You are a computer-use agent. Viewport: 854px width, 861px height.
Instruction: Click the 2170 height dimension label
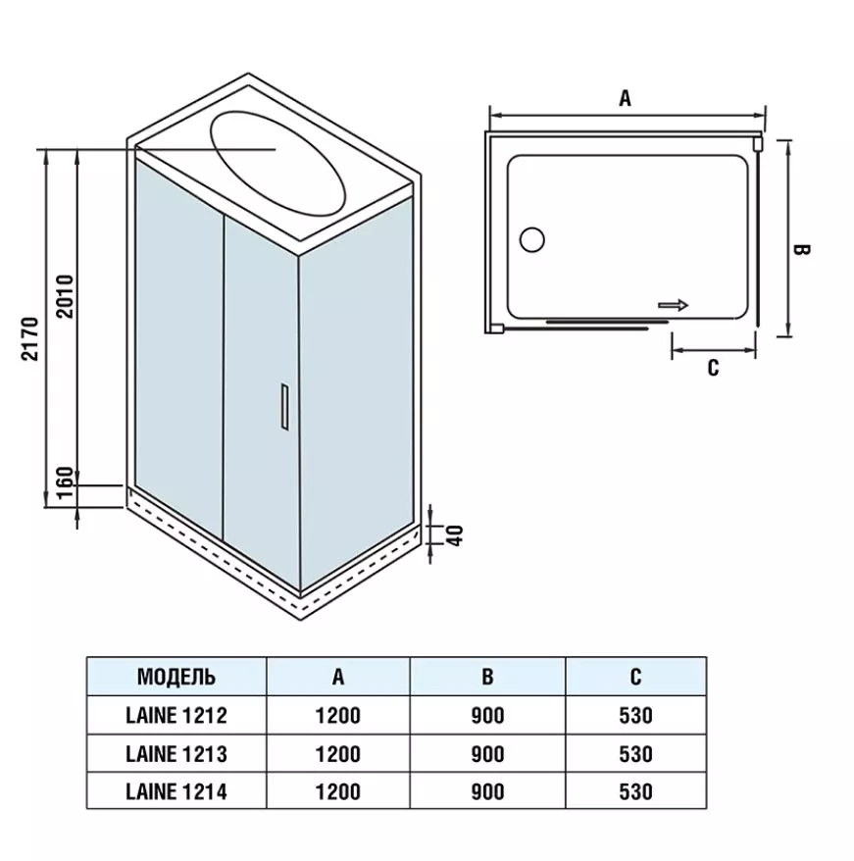[29, 337]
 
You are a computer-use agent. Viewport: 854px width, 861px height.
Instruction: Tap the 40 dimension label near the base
[454, 534]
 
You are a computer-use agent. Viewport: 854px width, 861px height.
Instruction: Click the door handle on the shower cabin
[282, 406]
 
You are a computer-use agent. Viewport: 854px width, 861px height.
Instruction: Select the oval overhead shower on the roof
[277, 162]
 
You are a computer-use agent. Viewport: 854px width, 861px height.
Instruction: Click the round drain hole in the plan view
[533, 238]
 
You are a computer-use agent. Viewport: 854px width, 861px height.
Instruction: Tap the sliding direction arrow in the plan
[673, 305]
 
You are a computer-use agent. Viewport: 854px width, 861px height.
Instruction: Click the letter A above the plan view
[625, 98]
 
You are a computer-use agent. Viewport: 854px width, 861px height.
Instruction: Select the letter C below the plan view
[713, 368]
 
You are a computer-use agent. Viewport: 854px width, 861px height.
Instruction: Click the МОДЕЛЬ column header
[176, 677]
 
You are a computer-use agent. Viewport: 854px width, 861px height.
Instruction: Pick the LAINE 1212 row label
[176, 716]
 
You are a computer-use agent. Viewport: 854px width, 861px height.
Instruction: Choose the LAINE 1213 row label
[176, 753]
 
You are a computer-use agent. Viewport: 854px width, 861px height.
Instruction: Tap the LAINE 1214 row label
[176, 790]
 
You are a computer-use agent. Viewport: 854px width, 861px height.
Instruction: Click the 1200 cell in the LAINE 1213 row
[337, 753]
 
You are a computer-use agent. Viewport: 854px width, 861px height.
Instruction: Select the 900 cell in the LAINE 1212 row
[487, 716]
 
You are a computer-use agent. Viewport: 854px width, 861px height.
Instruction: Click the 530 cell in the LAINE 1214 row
[635, 790]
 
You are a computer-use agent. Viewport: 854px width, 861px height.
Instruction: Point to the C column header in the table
[635, 677]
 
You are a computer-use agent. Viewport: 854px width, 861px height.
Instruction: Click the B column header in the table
[487, 677]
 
